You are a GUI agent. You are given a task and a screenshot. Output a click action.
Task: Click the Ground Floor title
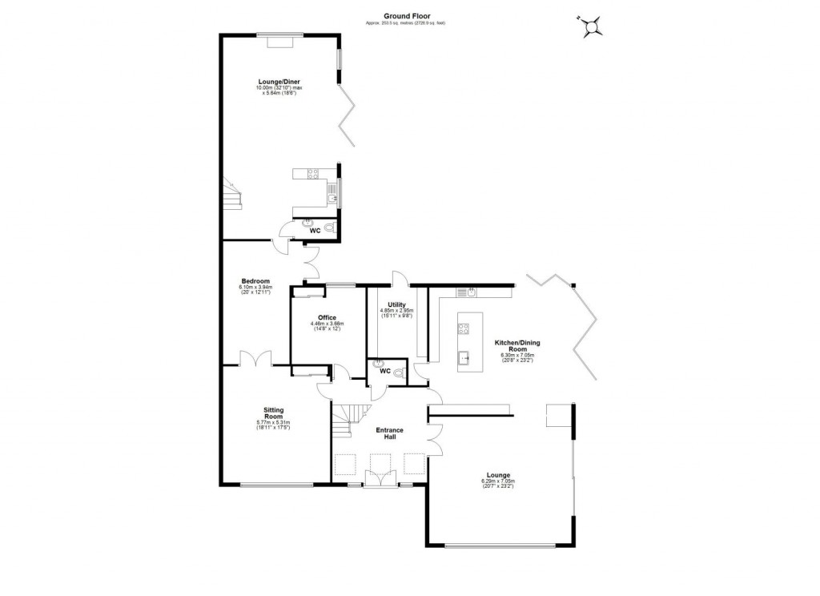pos(404,14)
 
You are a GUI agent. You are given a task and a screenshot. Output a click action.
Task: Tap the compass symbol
pos(593,27)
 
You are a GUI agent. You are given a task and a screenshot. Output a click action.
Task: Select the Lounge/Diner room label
pos(273,82)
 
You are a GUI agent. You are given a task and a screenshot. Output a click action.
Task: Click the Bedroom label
pos(255,280)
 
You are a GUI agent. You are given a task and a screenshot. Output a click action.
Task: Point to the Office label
pos(326,318)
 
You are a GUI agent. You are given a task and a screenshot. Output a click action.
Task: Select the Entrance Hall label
pos(390,433)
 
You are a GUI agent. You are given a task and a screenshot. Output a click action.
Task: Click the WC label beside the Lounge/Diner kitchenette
pos(315,232)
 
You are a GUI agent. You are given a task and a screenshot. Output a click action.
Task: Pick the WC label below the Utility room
pos(384,371)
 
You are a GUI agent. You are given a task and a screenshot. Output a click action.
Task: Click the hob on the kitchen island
pos(463,327)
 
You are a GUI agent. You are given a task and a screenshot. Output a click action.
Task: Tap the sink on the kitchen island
pos(464,356)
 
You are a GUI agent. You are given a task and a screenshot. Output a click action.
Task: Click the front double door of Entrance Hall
pos(380,478)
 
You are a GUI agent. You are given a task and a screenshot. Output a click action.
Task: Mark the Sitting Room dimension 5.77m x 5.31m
pos(273,423)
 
